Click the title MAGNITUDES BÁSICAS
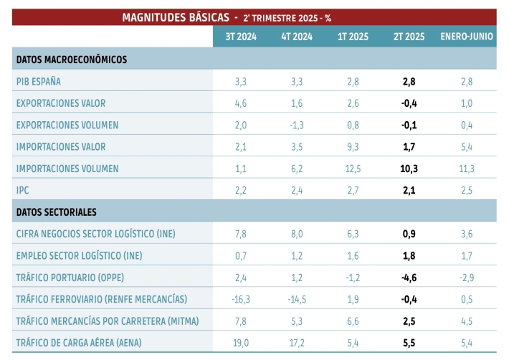click(176, 16)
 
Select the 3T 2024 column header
click(241, 37)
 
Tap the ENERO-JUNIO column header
click(466, 37)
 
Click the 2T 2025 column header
click(409, 37)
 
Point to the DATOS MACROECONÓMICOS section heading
click(71, 60)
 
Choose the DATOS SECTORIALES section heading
click(56, 212)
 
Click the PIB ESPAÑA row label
click(38, 82)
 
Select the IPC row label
click(23, 190)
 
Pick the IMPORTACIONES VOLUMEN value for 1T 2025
click(353, 169)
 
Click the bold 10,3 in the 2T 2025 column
click(409, 169)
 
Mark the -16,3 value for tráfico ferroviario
click(241, 299)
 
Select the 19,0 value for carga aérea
click(241, 343)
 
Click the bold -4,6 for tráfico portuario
click(409, 278)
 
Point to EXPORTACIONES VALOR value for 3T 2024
click(241, 103)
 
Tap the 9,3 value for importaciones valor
click(353, 147)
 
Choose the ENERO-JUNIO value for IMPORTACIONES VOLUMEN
click(466, 169)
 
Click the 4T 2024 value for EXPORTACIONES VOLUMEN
click(296, 125)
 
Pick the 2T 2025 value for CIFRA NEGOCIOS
click(409, 234)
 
